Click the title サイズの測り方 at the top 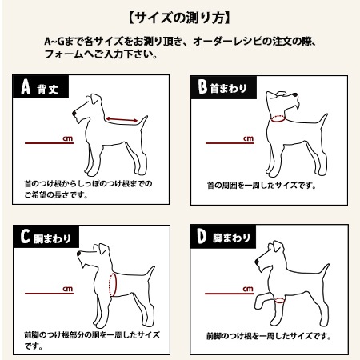(x=179, y=18)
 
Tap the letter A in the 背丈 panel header (x=26, y=87)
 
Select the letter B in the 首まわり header (x=202, y=86)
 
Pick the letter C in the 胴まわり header (x=25, y=236)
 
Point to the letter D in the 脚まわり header (x=202, y=237)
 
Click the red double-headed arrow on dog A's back (x=122, y=119)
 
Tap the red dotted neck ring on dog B (x=278, y=118)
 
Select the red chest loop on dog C (x=113, y=284)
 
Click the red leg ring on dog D (x=280, y=301)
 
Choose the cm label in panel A (x=68, y=138)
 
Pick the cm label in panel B (x=248, y=138)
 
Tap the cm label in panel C (x=68, y=289)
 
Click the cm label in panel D (x=248, y=289)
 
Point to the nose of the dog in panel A (x=74, y=114)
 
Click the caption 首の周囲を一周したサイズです (x=261, y=185)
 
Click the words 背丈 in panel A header (x=48, y=89)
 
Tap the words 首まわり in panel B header (x=228, y=89)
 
